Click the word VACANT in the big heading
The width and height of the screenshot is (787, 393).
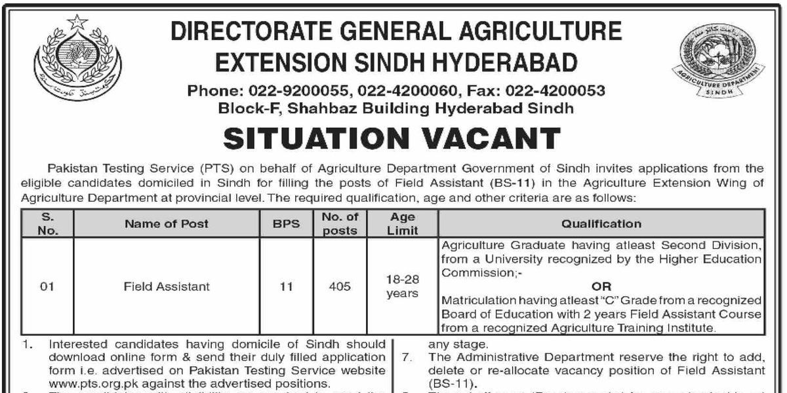click(479, 138)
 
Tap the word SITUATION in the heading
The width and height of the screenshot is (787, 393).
click(304, 138)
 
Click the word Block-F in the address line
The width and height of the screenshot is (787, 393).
click(243, 107)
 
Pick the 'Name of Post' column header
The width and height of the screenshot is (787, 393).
click(167, 223)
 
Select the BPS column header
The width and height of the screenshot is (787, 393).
click(287, 223)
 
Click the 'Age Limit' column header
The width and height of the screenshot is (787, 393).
click(402, 223)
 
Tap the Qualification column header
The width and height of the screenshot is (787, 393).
click(601, 223)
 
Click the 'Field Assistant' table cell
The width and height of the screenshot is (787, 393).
click(167, 286)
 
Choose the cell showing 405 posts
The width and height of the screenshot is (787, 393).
click(340, 286)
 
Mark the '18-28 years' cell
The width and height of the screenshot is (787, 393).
click(402, 286)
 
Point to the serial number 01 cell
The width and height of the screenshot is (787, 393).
click(47, 286)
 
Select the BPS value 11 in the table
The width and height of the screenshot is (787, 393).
click(287, 286)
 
